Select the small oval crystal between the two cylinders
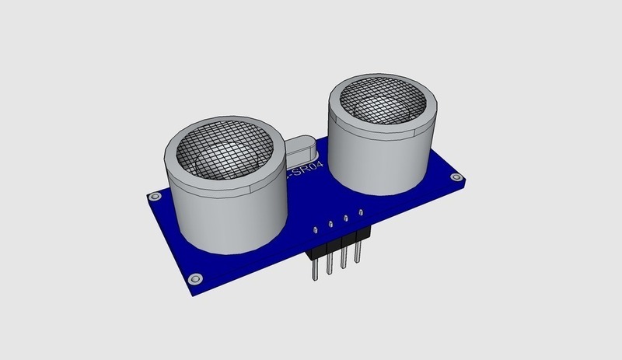pyautogui.click(x=299, y=148)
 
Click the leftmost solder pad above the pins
pyautogui.click(x=316, y=230)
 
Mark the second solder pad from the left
pyautogui.click(x=330, y=224)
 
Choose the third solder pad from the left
pyautogui.click(x=346, y=217)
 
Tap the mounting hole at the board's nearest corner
pyautogui.click(x=195, y=278)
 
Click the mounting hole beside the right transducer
pyautogui.click(x=454, y=178)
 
